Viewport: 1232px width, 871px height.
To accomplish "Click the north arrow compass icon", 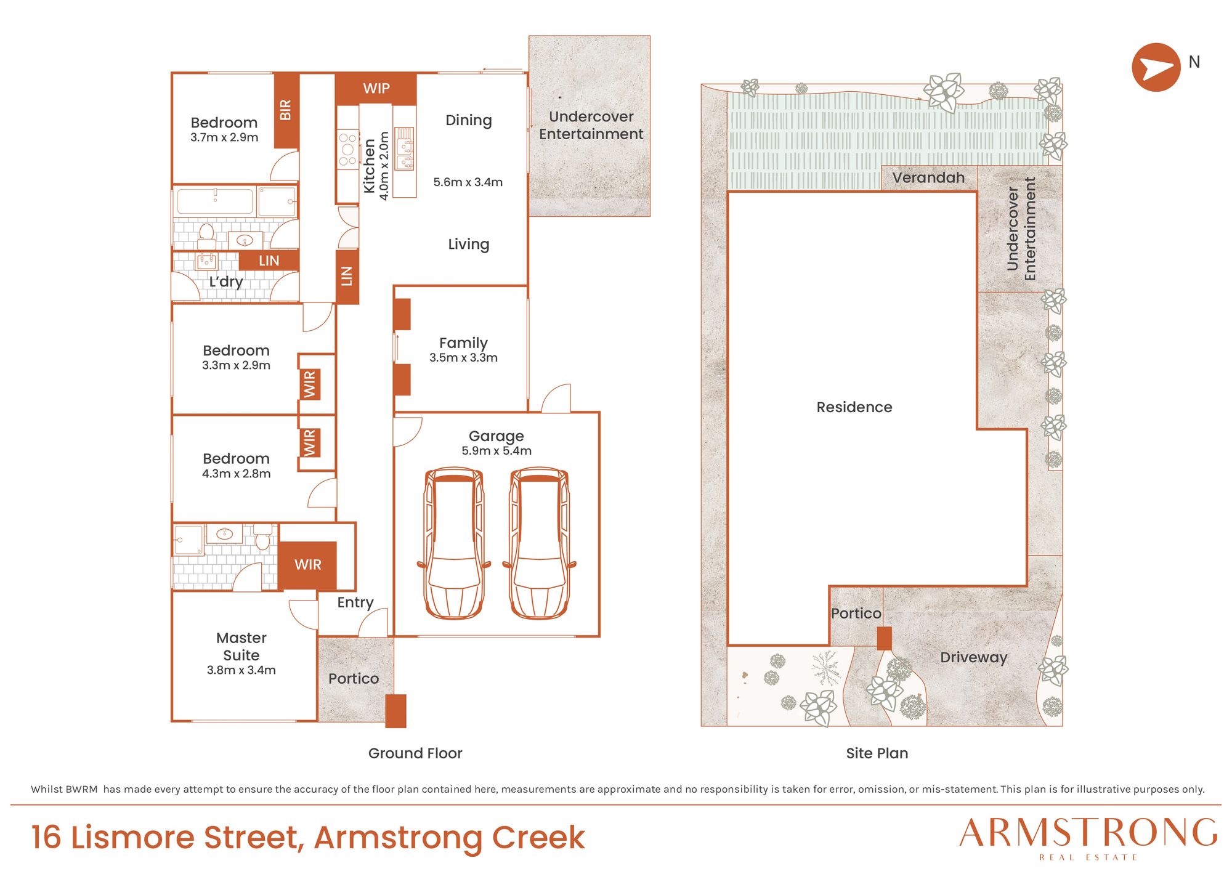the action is [x=1156, y=67].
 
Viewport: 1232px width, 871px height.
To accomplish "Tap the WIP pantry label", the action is [x=376, y=88].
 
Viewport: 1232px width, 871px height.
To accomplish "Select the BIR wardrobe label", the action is [x=285, y=110].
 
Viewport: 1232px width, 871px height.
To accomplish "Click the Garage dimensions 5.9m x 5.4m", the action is [x=496, y=451].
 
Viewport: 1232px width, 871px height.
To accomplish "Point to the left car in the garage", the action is [x=454, y=543].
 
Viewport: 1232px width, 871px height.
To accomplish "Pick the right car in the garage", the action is [x=539, y=543].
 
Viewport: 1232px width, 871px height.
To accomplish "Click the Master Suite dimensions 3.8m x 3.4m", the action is [x=241, y=670].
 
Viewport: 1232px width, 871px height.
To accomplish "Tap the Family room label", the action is [x=463, y=343].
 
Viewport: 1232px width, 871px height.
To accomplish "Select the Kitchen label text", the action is [x=370, y=166].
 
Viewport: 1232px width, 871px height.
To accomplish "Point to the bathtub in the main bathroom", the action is [x=215, y=201].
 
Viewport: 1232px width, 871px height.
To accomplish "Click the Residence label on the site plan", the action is [x=854, y=407].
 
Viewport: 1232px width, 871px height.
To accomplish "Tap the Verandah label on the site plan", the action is [x=928, y=178].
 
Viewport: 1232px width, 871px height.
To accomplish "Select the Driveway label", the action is [x=973, y=658].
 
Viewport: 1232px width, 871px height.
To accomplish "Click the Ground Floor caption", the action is [x=415, y=753].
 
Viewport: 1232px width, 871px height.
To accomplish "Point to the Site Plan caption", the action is [x=877, y=753].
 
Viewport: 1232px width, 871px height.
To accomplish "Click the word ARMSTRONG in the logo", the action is [x=1088, y=833].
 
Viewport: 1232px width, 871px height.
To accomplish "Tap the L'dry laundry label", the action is [x=225, y=282].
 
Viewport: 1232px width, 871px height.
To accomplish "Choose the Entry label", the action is [x=355, y=602].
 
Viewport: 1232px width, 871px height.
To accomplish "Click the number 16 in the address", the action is [x=46, y=837].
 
